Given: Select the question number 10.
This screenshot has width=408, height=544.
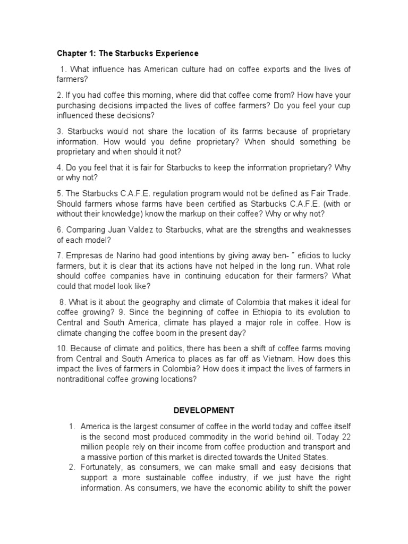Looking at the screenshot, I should pyautogui.click(x=62, y=348).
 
